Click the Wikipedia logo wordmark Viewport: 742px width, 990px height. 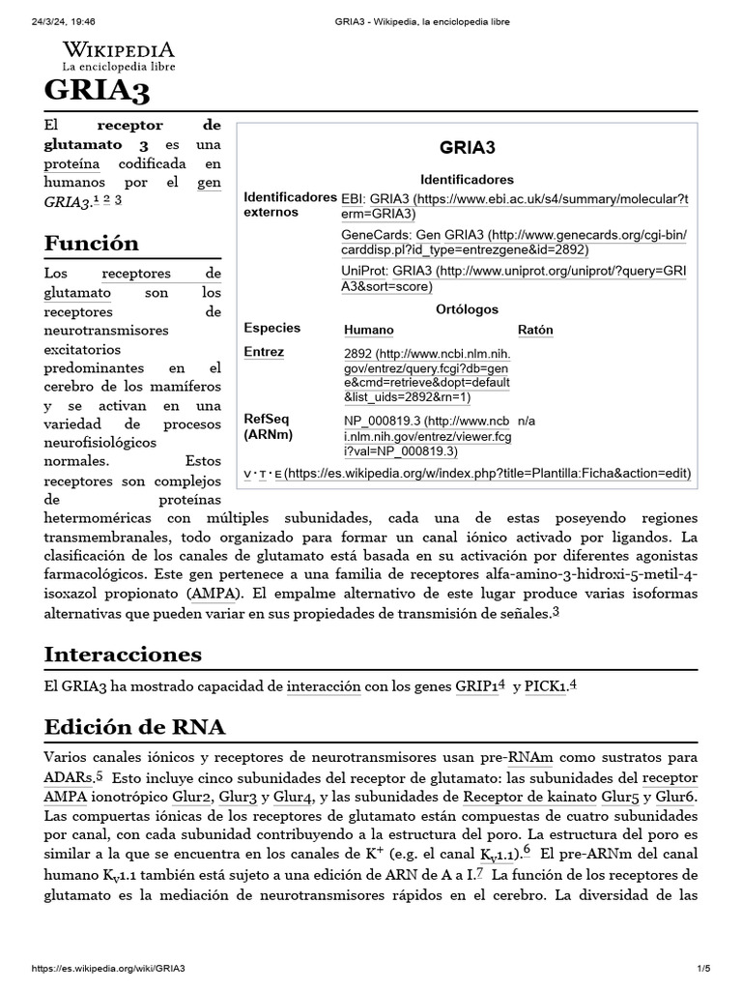click(119, 49)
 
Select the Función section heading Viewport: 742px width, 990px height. click(92, 242)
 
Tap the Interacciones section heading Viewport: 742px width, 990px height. click(123, 654)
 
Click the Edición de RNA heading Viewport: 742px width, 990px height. click(134, 726)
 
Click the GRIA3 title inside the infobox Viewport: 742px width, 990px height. click(467, 148)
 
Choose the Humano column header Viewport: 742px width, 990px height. click(369, 330)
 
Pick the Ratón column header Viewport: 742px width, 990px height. click(535, 330)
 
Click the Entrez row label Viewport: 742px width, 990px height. click(264, 352)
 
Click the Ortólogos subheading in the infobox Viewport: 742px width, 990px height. click(467, 309)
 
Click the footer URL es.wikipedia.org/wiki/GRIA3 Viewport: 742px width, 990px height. click(108, 968)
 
